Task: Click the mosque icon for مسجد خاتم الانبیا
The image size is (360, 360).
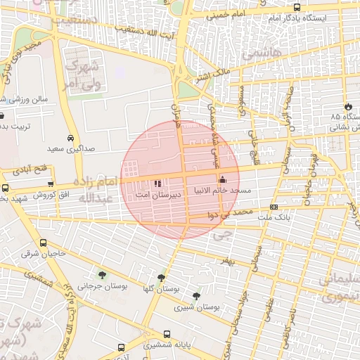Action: (x=223, y=179)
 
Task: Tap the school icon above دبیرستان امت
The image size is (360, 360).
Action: (x=157, y=183)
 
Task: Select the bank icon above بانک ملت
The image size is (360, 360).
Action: (x=274, y=207)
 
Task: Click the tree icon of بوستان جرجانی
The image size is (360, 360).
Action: (x=103, y=275)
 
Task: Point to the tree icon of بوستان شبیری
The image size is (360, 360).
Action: (x=195, y=297)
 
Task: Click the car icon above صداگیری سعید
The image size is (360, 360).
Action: (x=70, y=138)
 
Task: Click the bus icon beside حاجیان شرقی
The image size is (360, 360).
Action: (x=44, y=243)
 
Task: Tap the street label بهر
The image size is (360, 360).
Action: (x=224, y=261)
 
